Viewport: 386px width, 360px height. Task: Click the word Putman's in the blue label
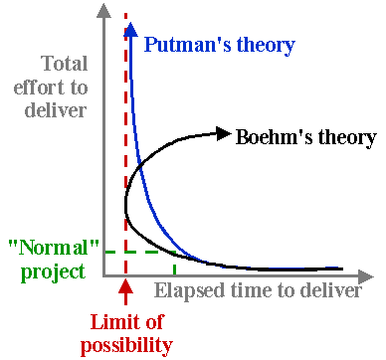pos(183,46)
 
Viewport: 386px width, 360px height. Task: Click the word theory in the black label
pos(343,136)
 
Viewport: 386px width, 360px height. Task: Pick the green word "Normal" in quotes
pos(45,248)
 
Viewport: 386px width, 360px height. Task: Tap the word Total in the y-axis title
pos(64,66)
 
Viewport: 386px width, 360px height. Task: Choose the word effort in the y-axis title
pos(60,88)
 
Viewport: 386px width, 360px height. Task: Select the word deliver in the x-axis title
pos(331,290)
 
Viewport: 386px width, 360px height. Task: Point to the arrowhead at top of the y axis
pos(103,12)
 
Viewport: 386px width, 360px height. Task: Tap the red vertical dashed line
pos(125,149)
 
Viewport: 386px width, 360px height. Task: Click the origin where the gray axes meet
pos(103,273)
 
